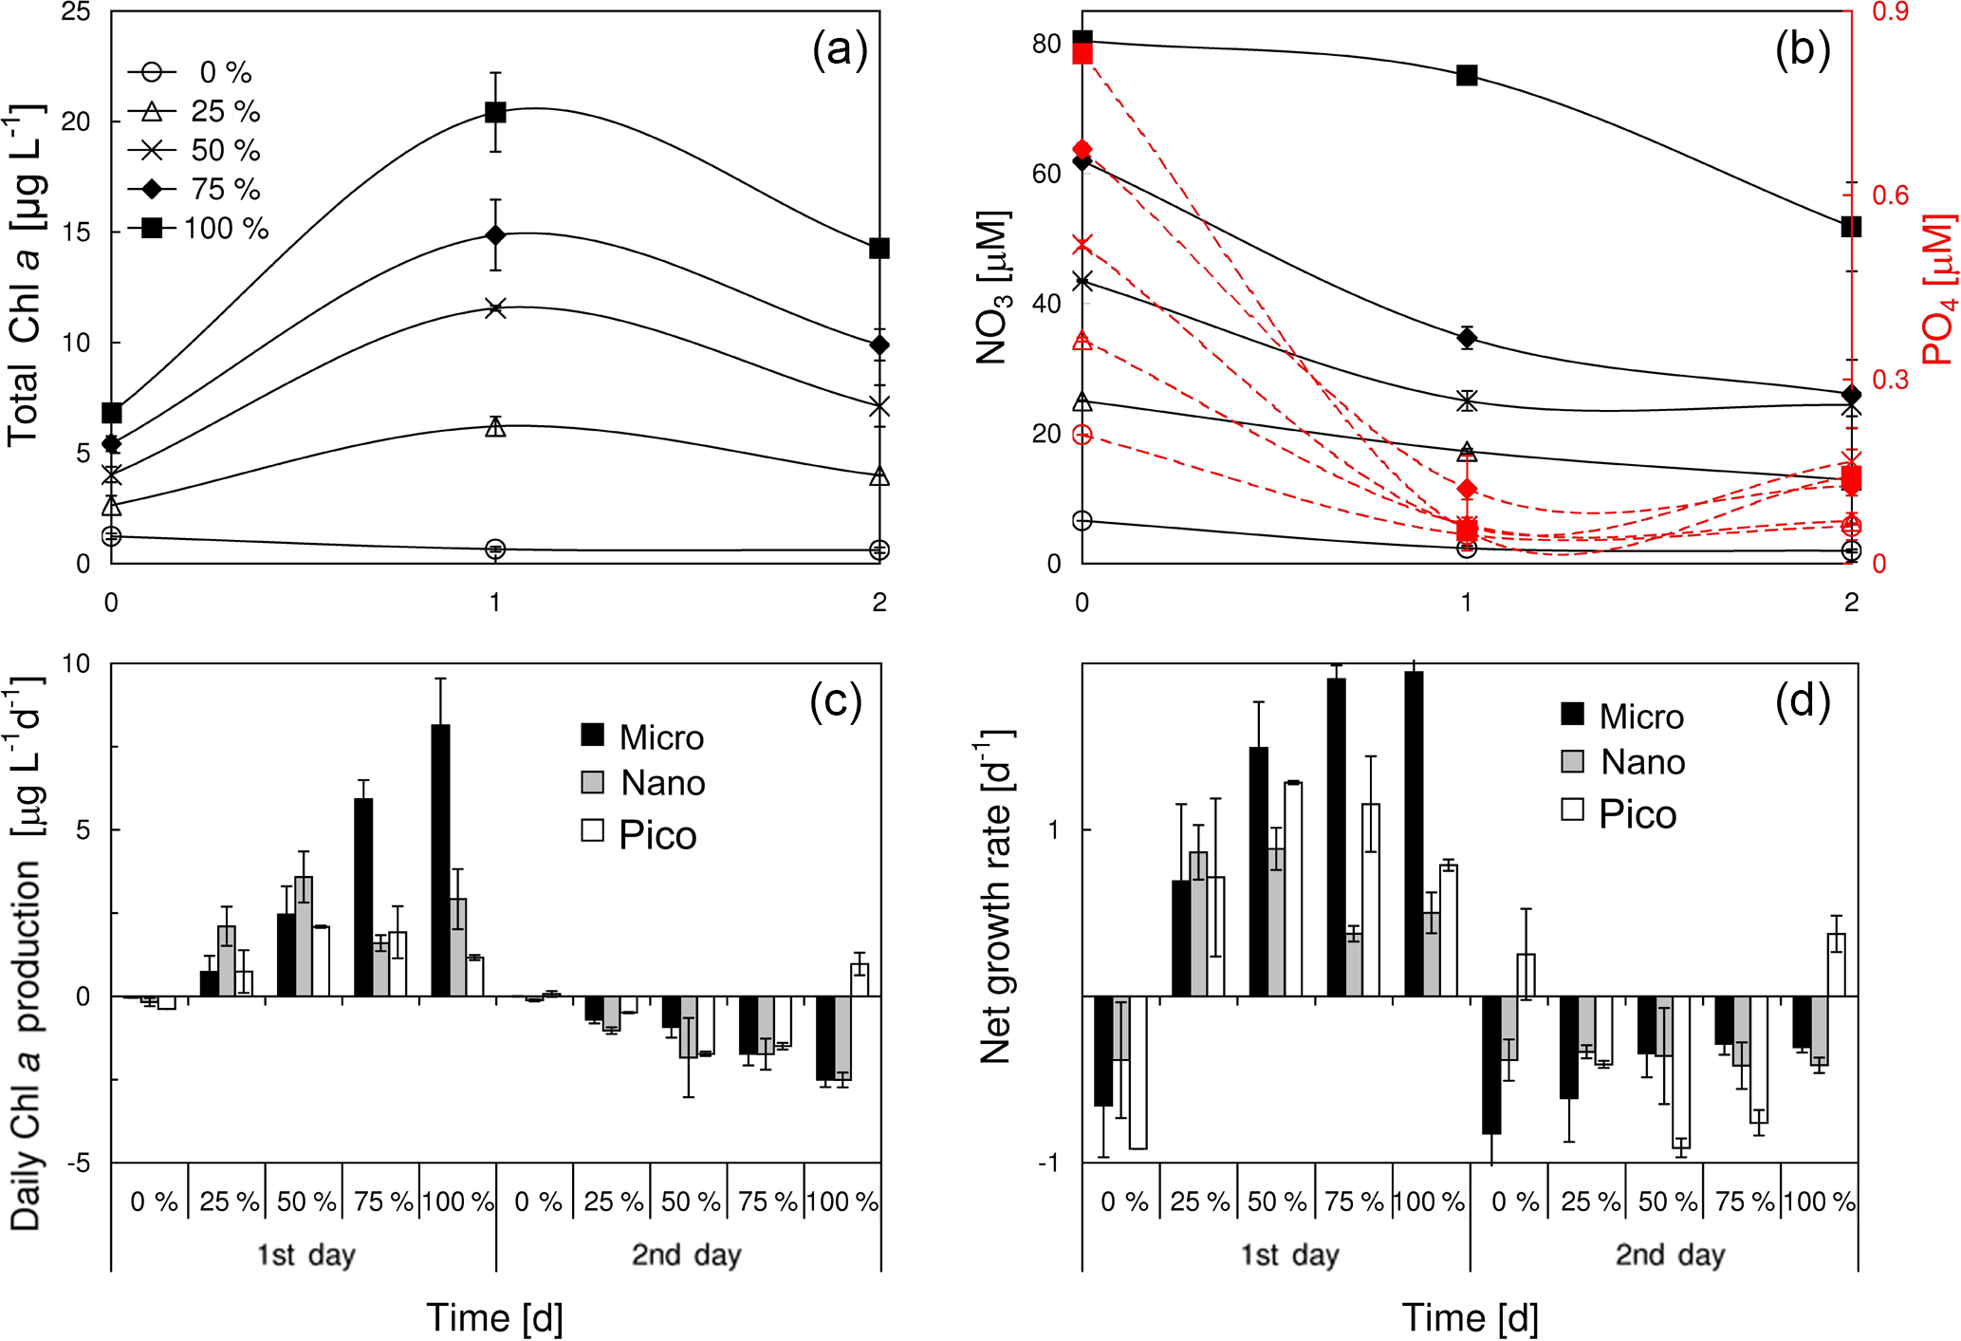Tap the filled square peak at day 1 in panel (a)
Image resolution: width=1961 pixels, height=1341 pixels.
click(x=495, y=112)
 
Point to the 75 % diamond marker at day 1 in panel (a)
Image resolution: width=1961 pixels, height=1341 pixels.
click(x=495, y=234)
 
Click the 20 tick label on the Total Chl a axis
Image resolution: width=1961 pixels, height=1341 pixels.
click(x=76, y=121)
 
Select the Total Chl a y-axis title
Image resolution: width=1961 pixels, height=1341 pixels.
click(x=25, y=275)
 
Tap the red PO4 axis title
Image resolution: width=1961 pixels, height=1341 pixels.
click(x=1938, y=289)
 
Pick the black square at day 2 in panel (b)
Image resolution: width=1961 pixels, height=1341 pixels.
click(x=1850, y=226)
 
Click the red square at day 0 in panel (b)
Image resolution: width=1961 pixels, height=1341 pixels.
click(x=1082, y=53)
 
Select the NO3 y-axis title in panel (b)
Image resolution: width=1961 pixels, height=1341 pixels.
click(x=992, y=288)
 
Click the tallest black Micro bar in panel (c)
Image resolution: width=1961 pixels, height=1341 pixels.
click(x=440, y=859)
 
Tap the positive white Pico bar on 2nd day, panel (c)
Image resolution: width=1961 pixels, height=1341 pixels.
click(x=860, y=979)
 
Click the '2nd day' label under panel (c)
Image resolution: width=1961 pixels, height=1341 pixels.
click(x=686, y=1255)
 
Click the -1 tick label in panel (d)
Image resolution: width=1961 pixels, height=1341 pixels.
click(x=1047, y=1164)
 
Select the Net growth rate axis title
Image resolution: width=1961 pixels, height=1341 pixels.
click(x=996, y=897)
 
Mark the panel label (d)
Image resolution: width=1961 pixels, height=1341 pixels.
click(x=1802, y=701)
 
